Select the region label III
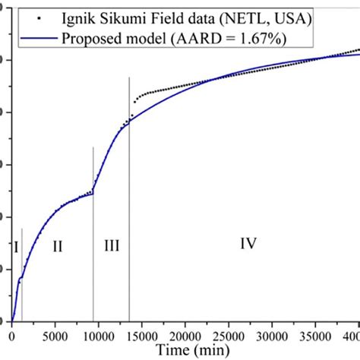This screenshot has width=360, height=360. coord(111,245)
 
